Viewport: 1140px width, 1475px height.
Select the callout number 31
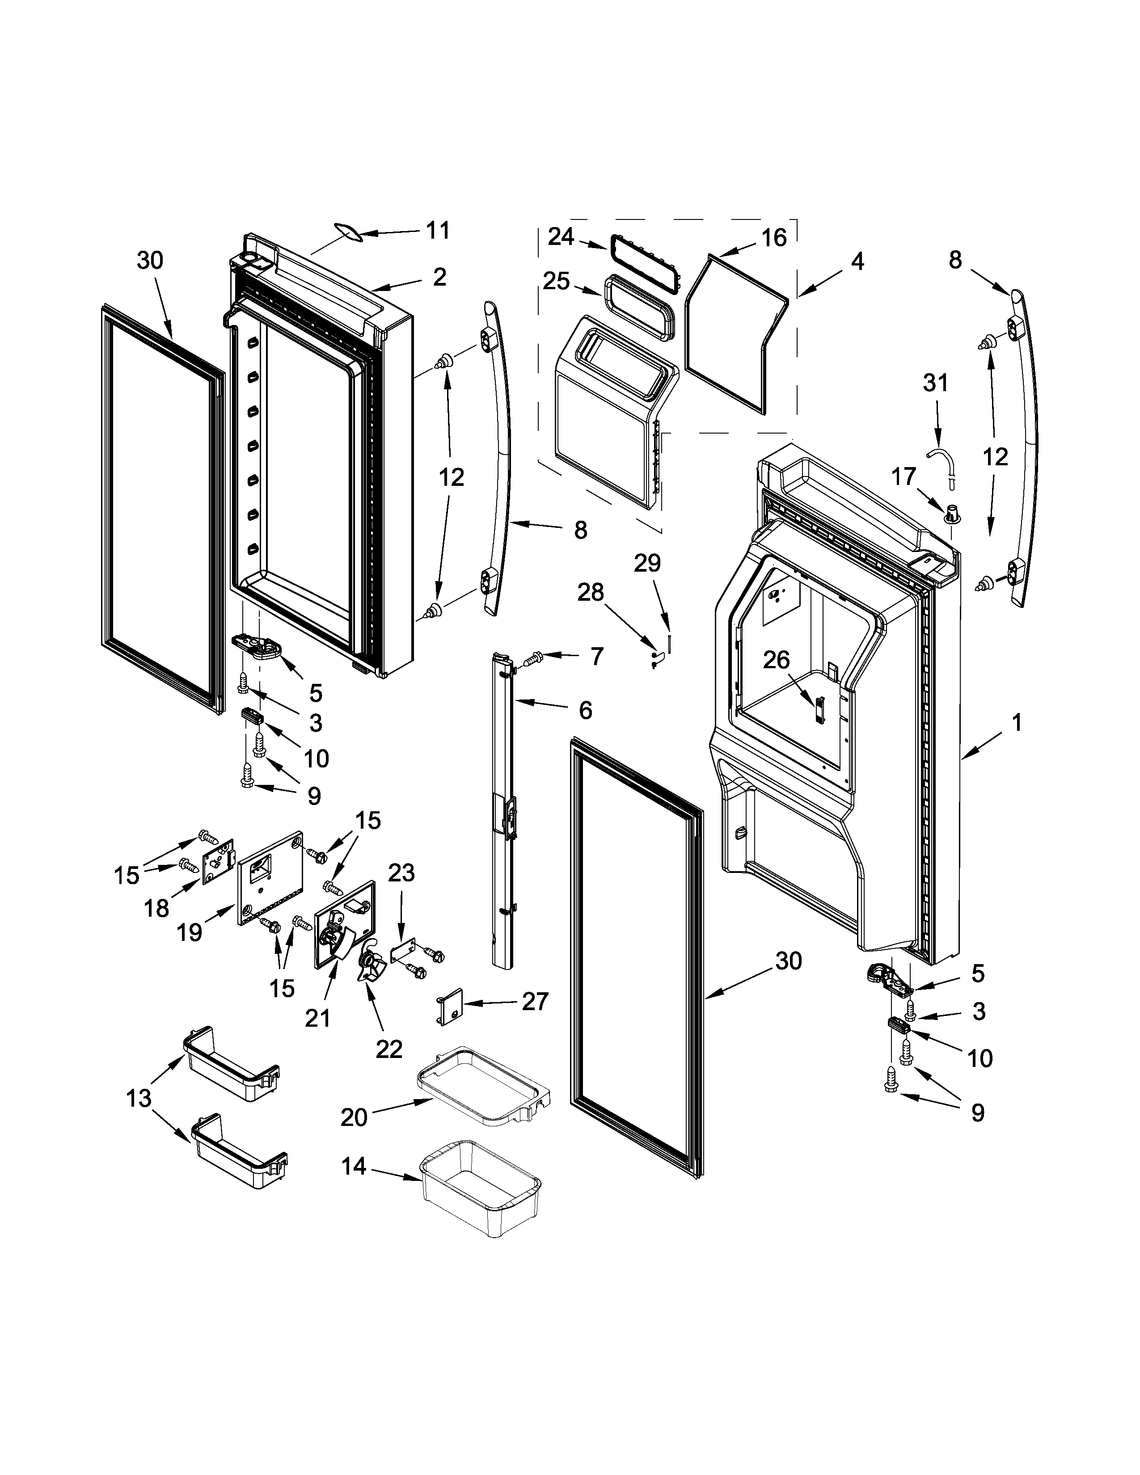click(935, 383)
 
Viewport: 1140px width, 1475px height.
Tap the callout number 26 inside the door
click(776, 660)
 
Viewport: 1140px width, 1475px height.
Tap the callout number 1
click(1017, 723)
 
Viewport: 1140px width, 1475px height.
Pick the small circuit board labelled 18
click(217, 861)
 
